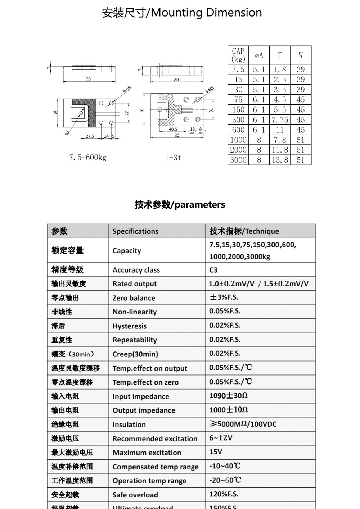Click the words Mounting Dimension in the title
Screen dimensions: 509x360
coord(206,13)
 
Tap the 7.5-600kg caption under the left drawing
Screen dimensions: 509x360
coord(88,158)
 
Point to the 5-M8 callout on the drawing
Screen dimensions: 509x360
coord(210,90)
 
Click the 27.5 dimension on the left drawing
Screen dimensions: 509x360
coord(90,136)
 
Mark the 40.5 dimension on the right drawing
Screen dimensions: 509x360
coord(173,129)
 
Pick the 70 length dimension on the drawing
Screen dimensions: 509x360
coord(88,79)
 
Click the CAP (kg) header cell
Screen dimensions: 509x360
coord(238,55)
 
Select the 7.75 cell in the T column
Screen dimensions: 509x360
coord(280,120)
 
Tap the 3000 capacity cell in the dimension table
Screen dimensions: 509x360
coord(238,160)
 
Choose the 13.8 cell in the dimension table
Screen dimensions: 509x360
coord(280,160)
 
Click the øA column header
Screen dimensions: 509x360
coord(259,55)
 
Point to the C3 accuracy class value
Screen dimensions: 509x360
coord(213,270)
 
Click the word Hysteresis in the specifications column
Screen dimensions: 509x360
coord(130,326)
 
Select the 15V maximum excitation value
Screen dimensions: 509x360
coord(216,452)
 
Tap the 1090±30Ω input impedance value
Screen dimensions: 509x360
coord(228,396)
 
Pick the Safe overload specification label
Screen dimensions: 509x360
coord(135,495)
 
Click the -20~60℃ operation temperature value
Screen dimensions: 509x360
coord(225,480)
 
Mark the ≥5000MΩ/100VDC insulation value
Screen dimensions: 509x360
coord(243,424)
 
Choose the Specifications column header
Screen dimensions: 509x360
coord(135,231)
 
